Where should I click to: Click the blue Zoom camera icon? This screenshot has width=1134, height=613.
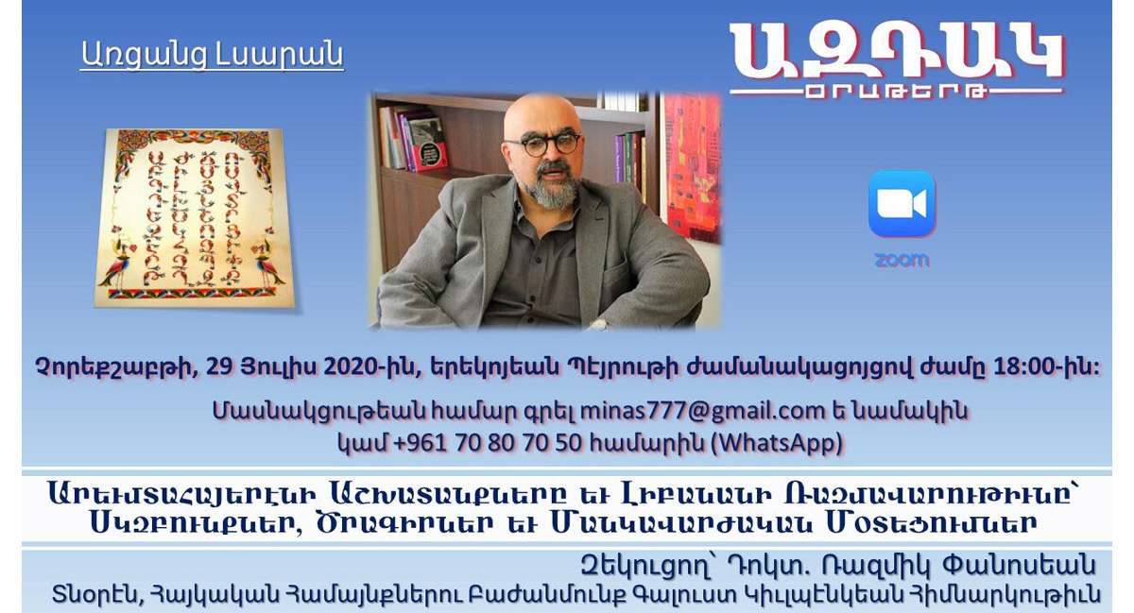click(902, 203)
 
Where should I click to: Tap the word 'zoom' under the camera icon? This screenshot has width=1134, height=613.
click(902, 260)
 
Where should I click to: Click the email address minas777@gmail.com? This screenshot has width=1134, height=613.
click(703, 411)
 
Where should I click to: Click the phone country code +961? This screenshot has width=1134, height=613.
click(420, 443)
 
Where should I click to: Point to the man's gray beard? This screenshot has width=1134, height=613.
click(554, 186)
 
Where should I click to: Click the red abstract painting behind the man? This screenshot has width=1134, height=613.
click(693, 167)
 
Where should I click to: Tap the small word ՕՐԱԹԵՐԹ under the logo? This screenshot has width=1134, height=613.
click(896, 93)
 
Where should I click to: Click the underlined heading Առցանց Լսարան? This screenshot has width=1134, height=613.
click(212, 55)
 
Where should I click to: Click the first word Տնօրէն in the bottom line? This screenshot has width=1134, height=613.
click(94, 594)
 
